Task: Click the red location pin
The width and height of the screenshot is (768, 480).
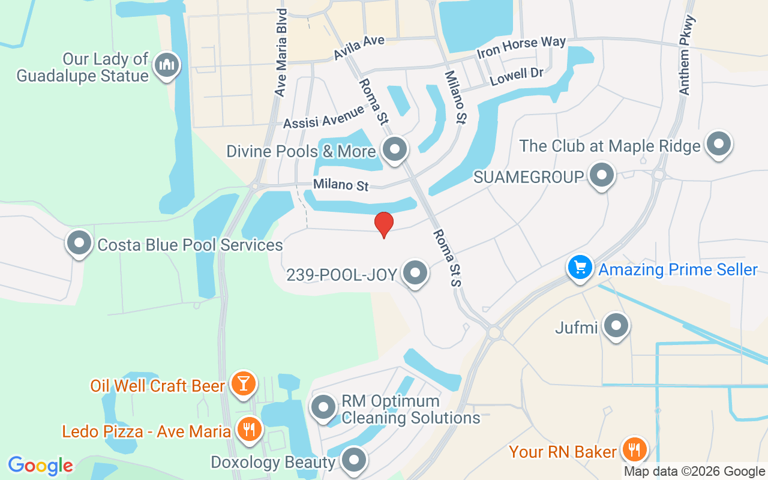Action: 384,224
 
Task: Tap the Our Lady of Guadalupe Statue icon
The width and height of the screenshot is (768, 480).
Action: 167,65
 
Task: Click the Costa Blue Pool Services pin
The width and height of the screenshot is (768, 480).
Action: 79,243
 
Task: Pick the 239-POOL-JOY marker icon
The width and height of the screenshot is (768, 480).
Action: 415,273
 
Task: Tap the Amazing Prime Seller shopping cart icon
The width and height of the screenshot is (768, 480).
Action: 580,268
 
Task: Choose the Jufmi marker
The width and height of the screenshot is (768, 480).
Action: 616,326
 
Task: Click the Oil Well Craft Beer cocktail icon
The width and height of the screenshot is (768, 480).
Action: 243,383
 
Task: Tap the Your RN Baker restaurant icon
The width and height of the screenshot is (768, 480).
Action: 632,449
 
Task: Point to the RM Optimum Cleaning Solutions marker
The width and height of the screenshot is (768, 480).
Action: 325,407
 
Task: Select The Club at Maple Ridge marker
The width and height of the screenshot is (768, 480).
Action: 718,145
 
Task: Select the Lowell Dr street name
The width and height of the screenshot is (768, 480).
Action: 516,76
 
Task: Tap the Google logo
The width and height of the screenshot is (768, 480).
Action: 40,466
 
